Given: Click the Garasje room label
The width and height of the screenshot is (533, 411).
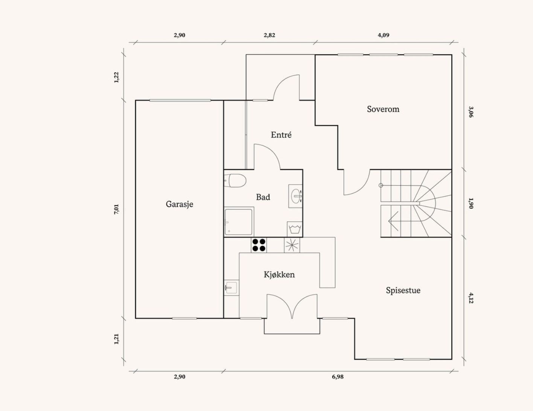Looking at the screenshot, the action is click(180, 205).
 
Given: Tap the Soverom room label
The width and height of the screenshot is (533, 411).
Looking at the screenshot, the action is click(383, 109).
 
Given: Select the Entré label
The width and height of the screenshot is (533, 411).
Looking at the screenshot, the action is click(281, 135).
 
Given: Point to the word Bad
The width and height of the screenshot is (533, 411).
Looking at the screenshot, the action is click(263, 197).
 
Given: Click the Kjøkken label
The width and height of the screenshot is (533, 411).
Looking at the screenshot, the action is click(279, 275).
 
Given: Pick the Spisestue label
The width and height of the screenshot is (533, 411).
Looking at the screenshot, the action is click(403, 290).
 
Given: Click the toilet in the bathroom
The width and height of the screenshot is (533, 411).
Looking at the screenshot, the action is click(235, 181).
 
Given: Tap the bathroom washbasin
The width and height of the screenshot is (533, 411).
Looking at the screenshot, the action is click(295, 196).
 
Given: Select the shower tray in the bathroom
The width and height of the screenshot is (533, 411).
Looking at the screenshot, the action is click(238, 222).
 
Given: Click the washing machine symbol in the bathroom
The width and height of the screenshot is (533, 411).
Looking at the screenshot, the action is click(295, 229).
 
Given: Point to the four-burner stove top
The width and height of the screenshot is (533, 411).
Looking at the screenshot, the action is click(259, 245).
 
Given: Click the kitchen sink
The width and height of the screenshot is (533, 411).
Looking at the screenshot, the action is click(231, 287).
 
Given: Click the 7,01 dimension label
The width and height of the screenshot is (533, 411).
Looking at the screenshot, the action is click(116, 209).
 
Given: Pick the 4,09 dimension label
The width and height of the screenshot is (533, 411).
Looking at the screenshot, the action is click(384, 35).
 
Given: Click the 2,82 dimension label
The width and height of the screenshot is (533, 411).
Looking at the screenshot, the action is click(269, 35).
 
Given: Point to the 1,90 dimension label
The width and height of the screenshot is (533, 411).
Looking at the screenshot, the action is click(471, 203).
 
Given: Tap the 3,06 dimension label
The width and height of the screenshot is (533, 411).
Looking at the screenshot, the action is click(471, 112).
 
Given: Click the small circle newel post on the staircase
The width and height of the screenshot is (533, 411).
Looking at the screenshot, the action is click(381, 185).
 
